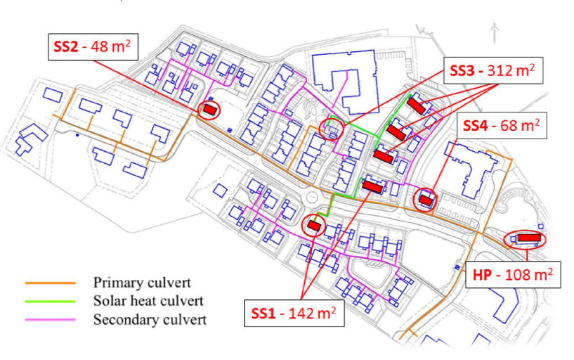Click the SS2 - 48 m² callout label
(93, 46)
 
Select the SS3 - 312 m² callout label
(493, 71)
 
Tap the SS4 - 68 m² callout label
(502, 126)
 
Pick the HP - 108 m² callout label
(513, 274)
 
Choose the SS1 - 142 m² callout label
(294, 313)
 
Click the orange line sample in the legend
(50, 283)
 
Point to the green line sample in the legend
(50, 301)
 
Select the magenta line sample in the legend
(50, 319)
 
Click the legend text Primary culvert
(142, 283)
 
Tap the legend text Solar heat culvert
(148, 301)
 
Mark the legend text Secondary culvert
(150, 319)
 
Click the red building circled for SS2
(210, 109)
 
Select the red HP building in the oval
(529, 238)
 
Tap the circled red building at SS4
(426, 200)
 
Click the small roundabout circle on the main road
(311, 198)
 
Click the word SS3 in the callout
(462, 71)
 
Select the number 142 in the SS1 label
(301, 314)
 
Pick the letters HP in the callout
(482, 275)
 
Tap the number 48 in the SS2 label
(99, 47)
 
